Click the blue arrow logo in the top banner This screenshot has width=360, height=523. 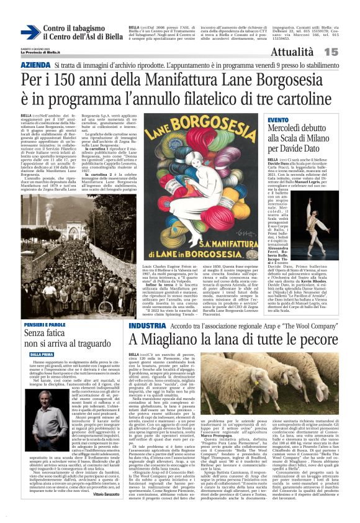30,33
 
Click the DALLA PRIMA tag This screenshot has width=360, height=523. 38,354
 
